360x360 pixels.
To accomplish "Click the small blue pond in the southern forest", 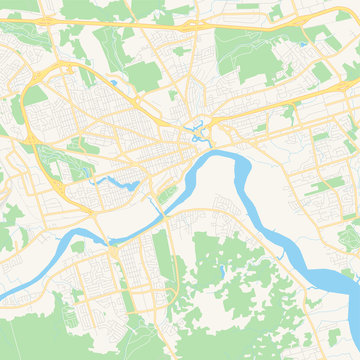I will click(x=221, y=271).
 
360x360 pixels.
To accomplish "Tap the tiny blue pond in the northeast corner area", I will click(x=303, y=44).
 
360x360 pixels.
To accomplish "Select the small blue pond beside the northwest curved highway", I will click(x=112, y=82).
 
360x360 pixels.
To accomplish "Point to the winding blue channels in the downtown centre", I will click(x=199, y=130).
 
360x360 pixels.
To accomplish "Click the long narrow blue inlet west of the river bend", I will click(x=118, y=182).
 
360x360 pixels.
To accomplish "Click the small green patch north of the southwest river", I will click(x=78, y=245).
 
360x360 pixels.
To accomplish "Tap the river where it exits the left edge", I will click(x=5, y=296).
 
